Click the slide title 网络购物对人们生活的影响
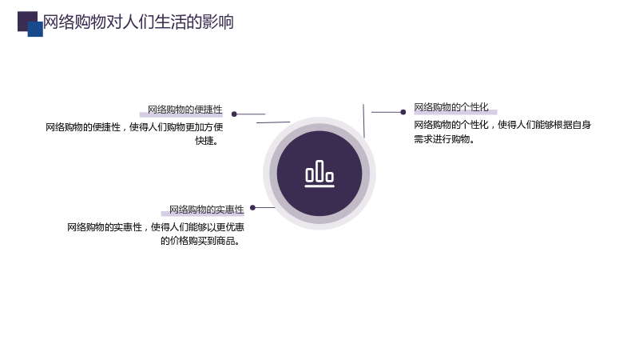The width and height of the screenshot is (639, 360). pyautogui.click(x=138, y=22)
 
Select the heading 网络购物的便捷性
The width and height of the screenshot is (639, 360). pyautogui.click(x=185, y=110)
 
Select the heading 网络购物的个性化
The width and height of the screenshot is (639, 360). pyautogui.click(x=451, y=107)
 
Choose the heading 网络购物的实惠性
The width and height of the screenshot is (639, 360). pyautogui.click(x=207, y=210)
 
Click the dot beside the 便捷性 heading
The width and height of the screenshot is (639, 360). pyautogui.click(x=234, y=114)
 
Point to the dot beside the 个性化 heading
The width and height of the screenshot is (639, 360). pyautogui.click(x=403, y=112)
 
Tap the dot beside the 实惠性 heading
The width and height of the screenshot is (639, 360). pyautogui.click(x=252, y=208)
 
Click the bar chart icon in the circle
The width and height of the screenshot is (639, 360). pyautogui.click(x=319, y=174)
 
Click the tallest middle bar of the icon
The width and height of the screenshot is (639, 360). pyautogui.click(x=319, y=171)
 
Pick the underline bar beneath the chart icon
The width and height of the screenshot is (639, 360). pyautogui.click(x=319, y=186)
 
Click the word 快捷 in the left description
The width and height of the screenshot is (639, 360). pyautogui.click(x=204, y=141)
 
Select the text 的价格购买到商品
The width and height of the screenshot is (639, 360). pyautogui.click(x=197, y=241)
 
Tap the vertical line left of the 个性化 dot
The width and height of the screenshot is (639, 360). pyautogui.click(x=363, y=121)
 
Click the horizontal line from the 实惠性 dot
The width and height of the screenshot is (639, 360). pyautogui.click(x=265, y=208)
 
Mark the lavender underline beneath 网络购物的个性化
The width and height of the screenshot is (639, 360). pyautogui.click(x=455, y=112)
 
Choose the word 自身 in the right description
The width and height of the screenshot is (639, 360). pyautogui.click(x=581, y=125)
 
